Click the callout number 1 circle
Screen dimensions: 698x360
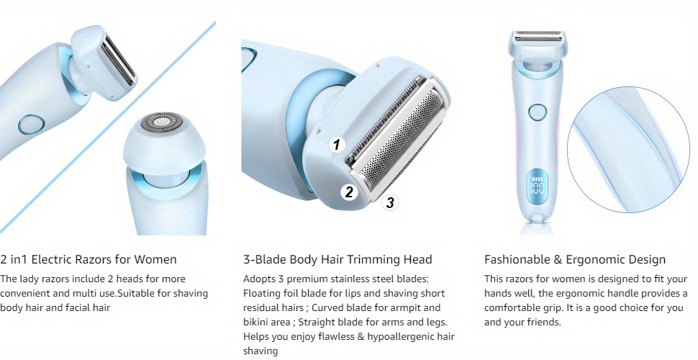pos(337,144)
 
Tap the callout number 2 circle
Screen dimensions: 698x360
pos(349,192)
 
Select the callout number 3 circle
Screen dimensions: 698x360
pos(390,203)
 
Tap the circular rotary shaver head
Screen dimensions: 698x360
pos(161,122)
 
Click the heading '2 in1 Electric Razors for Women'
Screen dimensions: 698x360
pos(89,259)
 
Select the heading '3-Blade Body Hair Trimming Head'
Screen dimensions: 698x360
pos(337,259)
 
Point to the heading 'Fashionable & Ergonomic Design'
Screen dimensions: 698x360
pos(575,259)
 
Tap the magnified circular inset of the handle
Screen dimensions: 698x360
pos(627,149)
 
